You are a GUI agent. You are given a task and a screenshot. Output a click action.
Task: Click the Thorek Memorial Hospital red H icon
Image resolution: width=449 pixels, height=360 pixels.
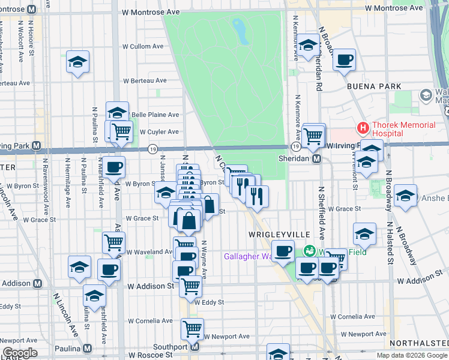[363, 128]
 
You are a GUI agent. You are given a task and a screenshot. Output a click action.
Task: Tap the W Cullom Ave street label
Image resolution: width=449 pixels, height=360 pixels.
[143, 46]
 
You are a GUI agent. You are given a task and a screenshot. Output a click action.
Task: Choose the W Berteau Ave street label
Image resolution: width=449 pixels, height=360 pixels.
[145, 80]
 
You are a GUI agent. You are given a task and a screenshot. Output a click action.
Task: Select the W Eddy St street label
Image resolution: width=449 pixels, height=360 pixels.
[209, 302]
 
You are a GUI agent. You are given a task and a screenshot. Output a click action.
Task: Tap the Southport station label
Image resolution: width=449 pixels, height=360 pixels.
[170, 347]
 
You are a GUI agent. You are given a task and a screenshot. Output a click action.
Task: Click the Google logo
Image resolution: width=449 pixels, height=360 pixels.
[20, 353]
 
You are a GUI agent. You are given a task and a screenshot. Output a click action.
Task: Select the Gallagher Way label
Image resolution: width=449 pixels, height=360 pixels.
[246, 256]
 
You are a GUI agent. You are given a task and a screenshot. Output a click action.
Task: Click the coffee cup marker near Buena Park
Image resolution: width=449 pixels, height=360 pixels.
[345, 60]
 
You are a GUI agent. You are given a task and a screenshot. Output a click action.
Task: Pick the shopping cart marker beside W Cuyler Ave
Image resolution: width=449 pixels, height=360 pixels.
[121, 130]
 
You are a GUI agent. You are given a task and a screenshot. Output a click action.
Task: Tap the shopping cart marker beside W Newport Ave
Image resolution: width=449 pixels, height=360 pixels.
[192, 328]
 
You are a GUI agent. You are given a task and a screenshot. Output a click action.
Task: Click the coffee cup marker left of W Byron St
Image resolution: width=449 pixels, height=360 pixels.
[113, 167]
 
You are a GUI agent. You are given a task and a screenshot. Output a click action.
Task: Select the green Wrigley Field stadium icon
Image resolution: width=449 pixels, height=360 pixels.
[310, 250]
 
